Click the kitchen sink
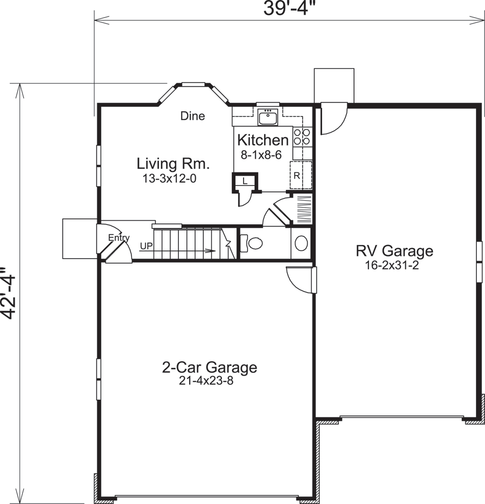pos(268,117)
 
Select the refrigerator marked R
pos(301,175)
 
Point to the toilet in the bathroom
pos(251,243)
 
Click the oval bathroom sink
pos(301,243)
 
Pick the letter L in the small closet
pos(245,181)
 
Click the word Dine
pos(193,116)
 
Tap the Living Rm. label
pos(173,164)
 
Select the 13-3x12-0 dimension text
pos(169,178)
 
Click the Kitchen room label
pos(263,140)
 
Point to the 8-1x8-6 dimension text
pos(261,155)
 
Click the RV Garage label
pos(395,251)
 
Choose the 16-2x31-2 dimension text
pos(392,266)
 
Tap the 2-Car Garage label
pos(209,367)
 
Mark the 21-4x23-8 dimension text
pos(206,381)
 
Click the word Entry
pos(118,238)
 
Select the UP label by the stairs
pos(146,246)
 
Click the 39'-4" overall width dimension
pos(288,9)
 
